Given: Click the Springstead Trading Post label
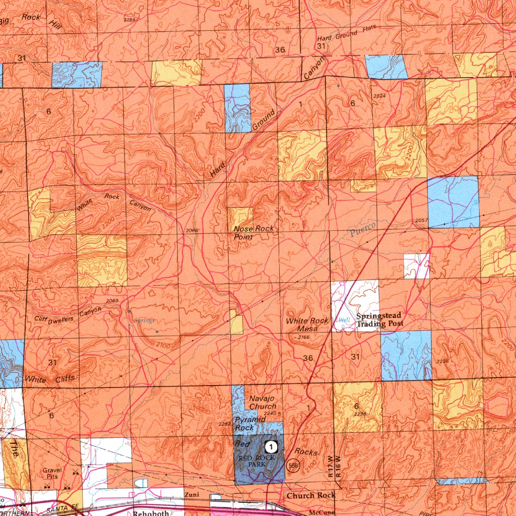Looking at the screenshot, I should click(380, 320).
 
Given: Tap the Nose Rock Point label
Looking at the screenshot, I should click(254, 232).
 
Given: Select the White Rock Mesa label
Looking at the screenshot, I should click(307, 325).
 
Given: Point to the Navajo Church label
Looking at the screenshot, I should click(263, 403).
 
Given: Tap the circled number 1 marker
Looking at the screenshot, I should click(271, 446).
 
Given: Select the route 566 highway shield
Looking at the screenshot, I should click(292, 466).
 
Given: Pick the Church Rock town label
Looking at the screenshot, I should click(311, 495).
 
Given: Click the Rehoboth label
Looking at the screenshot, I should click(151, 512).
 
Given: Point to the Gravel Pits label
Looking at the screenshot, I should click(53, 473).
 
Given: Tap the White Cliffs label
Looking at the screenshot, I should click(50, 378).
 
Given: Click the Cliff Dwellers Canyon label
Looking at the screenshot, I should click(68, 316).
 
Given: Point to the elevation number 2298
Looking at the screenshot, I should click(360, 414).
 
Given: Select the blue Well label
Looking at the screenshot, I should click(344, 320).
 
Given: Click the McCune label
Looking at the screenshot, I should click(317, 512).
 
